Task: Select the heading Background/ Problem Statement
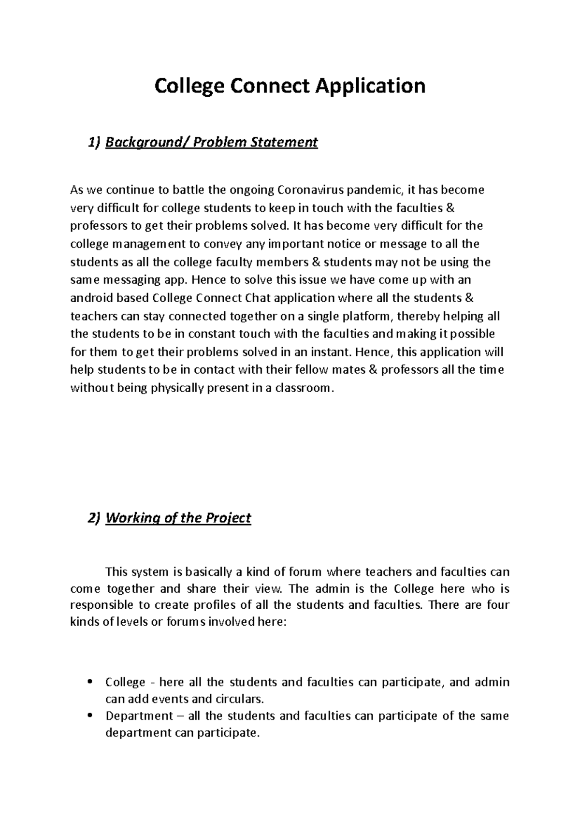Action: pos(211,142)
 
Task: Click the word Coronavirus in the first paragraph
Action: pos(308,190)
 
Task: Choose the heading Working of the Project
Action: pos(178,518)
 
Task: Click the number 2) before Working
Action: pos(94,518)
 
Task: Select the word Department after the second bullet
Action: pos(139,716)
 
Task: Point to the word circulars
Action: pos(239,699)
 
